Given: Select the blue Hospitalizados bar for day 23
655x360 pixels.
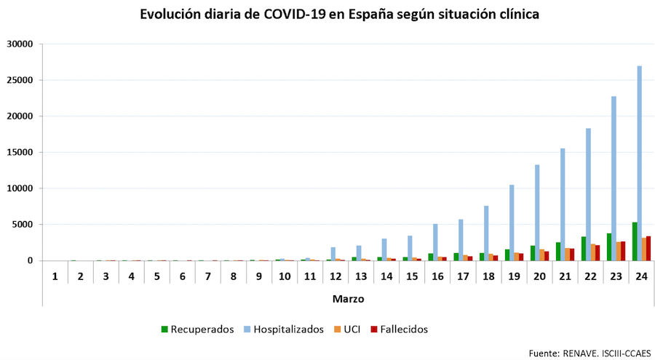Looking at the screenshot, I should pos(614,179).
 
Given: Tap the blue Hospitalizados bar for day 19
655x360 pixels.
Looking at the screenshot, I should pos(512,223).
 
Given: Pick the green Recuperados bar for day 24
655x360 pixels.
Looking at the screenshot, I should pos(635,241).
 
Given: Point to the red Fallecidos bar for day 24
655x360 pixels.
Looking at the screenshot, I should pos(648,249).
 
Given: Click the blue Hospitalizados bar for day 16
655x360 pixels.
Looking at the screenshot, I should pos(435,242).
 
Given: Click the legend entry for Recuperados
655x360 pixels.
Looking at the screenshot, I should pos(197,329).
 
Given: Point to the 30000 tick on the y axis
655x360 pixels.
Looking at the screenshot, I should pos(20,44).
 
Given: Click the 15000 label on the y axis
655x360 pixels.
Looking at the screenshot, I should pos(20,152).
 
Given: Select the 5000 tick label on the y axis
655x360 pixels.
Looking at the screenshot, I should pos(23,225).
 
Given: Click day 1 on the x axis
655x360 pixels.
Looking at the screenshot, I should pos(55,276).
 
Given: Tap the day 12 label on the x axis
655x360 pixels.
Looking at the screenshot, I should pos(336,276).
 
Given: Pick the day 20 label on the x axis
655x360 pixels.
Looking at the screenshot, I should pos(539,276).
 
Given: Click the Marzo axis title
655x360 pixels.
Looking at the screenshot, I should pos(348,299).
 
